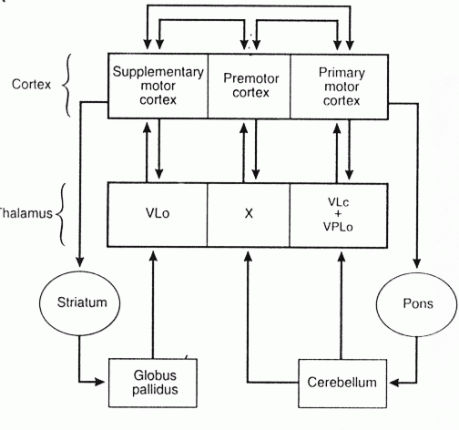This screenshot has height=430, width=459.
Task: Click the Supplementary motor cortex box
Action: click(x=158, y=86)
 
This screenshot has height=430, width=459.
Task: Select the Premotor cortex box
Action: click(x=250, y=86)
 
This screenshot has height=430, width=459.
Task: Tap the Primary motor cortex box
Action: click(x=339, y=87)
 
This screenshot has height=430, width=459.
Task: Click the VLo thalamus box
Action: click(x=158, y=215)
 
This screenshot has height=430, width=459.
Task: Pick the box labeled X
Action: click(x=249, y=215)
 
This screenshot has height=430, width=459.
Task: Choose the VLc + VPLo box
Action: click(x=339, y=215)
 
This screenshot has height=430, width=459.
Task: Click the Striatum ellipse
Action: click(x=79, y=303)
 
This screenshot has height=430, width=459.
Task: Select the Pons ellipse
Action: click(x=416, y=304)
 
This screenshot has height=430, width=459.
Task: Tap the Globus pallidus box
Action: click(x=153, y=383)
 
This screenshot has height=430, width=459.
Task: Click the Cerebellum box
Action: click(x=342, y=384)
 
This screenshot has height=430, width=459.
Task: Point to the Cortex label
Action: click(x=31, y=84)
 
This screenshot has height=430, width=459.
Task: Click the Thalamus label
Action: click(x=25, y=213)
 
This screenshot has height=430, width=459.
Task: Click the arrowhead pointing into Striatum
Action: click(x=79, y=261)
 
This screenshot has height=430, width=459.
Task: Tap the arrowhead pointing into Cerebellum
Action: click(x=394, y=383)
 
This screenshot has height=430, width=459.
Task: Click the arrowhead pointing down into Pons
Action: click(x=417, y=263)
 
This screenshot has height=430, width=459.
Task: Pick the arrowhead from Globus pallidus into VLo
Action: click(x=153, y=256)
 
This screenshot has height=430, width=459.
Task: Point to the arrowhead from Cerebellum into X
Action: click(x=249, y=256)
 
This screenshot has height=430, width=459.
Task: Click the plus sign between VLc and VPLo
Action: click(x=338, y=214)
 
